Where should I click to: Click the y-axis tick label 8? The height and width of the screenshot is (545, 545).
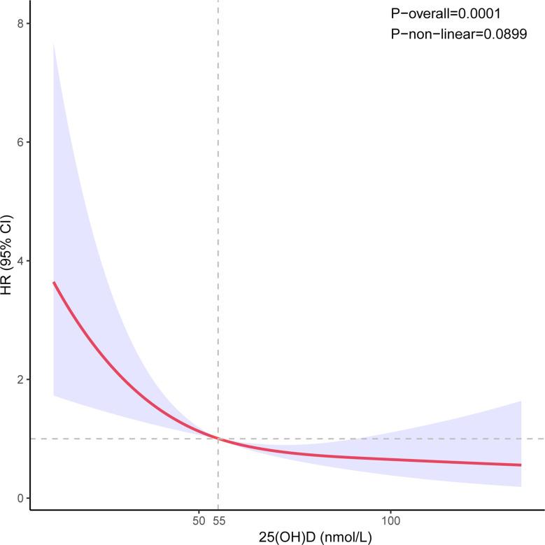point(21,23)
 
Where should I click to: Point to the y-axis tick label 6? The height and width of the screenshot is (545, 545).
point(21,142)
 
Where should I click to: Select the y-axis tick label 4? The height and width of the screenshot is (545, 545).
point(21,261)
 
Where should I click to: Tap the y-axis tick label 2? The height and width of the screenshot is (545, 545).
point(21,379)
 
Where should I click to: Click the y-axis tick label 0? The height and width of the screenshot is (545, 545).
point(21,498)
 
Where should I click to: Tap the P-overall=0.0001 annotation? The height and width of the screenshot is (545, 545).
point(446,13)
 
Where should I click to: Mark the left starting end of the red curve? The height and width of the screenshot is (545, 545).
point(54,282)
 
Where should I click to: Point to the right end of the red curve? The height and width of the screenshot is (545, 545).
point(521,465)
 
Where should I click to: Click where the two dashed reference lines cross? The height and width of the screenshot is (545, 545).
point(218,439)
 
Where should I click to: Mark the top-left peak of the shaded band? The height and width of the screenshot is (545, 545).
point(54,44)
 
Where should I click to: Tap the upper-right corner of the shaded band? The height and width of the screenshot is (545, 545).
point(521,401)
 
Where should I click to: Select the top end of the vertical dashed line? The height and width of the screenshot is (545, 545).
point(218,2)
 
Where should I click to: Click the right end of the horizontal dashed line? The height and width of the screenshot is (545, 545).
point(543,439)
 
